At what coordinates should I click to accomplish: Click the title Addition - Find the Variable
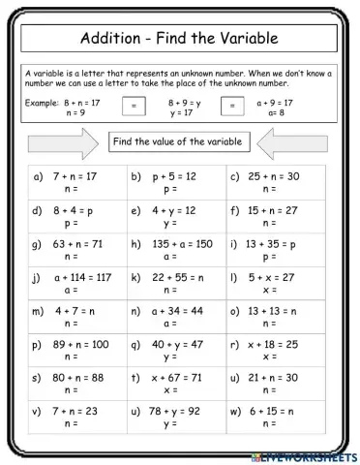tap(180, 39)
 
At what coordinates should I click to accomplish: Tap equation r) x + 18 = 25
tap(272, 344)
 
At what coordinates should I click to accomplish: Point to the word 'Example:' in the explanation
tap(41, 101)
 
